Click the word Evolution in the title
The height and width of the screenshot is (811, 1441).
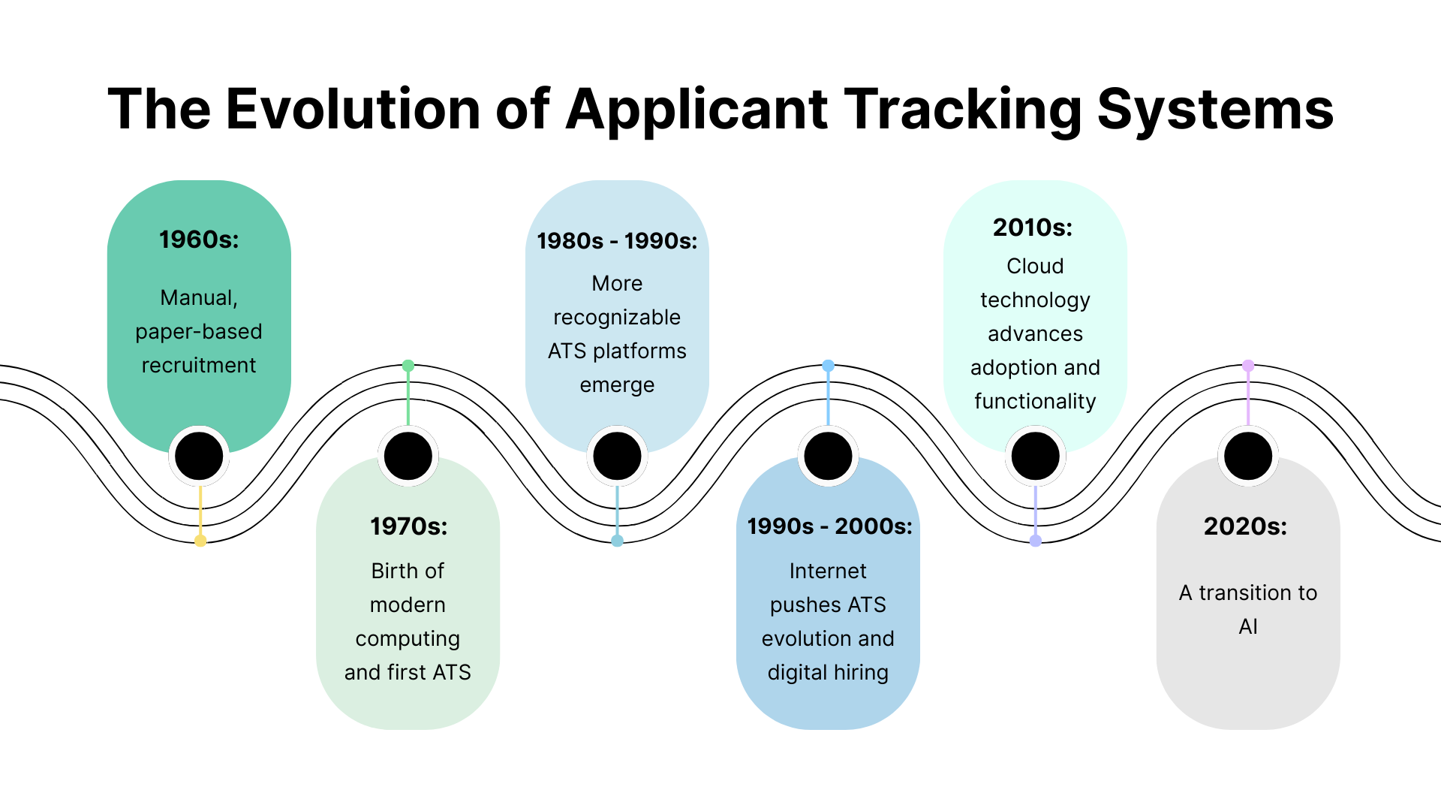(x=353, y=110)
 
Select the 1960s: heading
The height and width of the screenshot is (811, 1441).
(x=199, y=240)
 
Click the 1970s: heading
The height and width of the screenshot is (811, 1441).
(x=408, y=526)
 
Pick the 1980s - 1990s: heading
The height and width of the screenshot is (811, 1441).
(x=617, y=241)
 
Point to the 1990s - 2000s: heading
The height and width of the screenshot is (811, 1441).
(x=829, y=526)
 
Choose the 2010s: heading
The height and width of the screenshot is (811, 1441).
(x=1033, y=228)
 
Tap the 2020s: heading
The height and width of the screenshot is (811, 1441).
(x=1245, y=526)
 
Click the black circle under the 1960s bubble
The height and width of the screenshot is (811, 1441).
(x=199, y=456)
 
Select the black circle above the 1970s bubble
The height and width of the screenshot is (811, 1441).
(x=408, y=456)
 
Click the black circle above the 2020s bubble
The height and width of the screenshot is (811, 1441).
(x=1248, y=456)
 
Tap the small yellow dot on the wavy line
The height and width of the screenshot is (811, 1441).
(x=200, y=541)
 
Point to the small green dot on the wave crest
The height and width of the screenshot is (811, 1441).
(x=408, y=366)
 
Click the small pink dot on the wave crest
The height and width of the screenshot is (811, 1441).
(x=1248, y=366)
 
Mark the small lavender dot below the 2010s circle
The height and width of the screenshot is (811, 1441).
(x=1036, y=541)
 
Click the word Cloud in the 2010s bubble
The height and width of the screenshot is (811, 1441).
(x=1035, y=267)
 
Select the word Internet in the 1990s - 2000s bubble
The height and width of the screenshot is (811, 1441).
(x=828, y=571)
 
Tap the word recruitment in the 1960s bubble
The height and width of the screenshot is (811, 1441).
(x=199, y=366)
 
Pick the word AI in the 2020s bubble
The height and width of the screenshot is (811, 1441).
(x=1248, y=627)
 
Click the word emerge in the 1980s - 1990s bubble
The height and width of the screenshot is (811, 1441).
(x=617, y=385)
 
